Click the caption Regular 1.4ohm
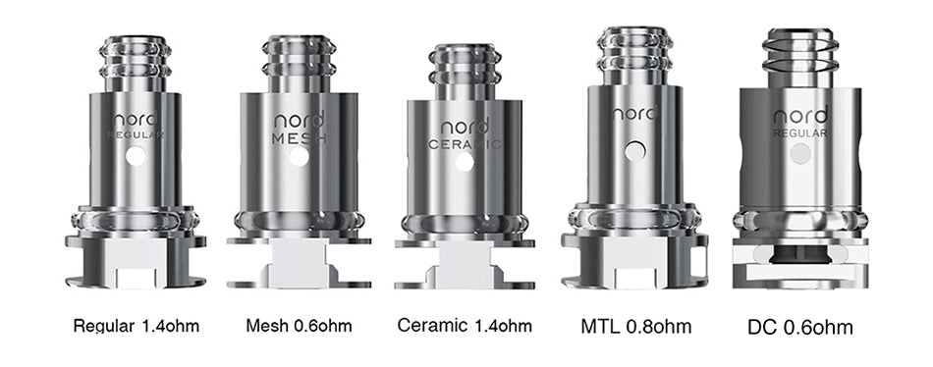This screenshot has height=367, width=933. point(137,326)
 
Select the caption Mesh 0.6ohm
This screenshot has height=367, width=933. point(299,326)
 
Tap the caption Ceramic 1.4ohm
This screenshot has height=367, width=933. point(465,326)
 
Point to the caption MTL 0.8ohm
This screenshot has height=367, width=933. point(636,327)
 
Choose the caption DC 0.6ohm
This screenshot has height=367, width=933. point(800,328)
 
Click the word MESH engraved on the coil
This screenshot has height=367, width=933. point(300,138)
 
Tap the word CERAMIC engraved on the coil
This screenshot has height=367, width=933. point(466,144)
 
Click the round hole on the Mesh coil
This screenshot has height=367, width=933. point(299,157)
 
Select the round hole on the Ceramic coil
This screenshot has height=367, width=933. point(465,162)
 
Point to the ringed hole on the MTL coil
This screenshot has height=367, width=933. point(635,151)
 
